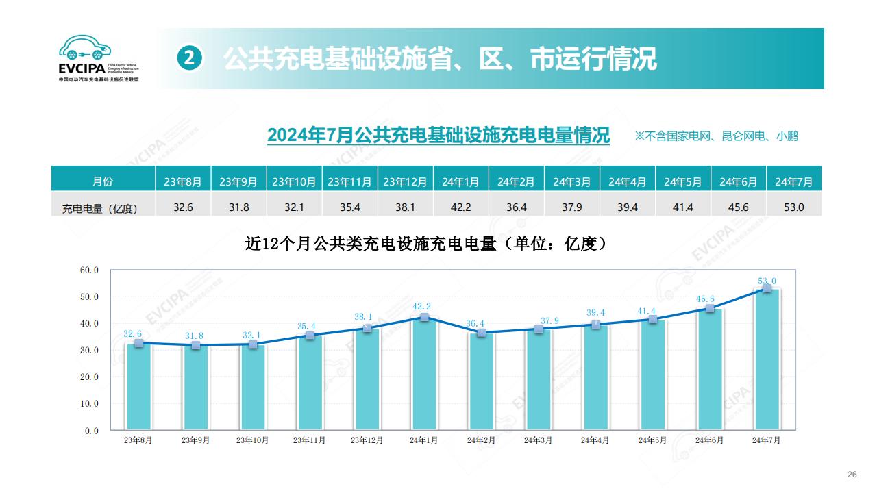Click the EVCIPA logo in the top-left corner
click(x=99, y=60)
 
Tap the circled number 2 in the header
click(x=190, y=59)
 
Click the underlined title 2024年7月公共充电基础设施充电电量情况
click(x=438, y=135)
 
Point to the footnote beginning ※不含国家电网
click(x=716, y=136)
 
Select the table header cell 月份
click(x=103, y=181)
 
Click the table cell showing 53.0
click(x=793, y=207)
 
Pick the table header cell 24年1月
click(x=460, y=181)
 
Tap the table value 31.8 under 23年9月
click(x=238, y=207)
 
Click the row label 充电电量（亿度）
click(x=100, y=208)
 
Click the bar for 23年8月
click(x=139, y=387)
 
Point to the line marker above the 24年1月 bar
click(x=424, y=317)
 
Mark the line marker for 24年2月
click(x=482, y=333)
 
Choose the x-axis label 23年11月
click(x=310, y=440)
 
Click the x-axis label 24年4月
click(x=595, y=440)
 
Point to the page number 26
click(x=852, y=475)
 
